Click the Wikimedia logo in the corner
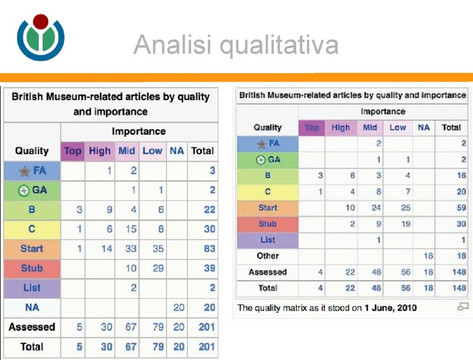tap(40, 37)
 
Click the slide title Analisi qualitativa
tap(236, 44)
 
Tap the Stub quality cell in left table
tap(32, 268)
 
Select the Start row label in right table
tap(268, 208)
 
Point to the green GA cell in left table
tap(32, 190)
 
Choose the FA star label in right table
tap(268, 143)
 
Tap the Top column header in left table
tap(73, 151)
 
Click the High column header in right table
tap(340, 127)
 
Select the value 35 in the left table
tap(158, 248)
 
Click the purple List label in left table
tap(32, 288)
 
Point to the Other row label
tap(268, 256)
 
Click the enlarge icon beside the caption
tap(462, 307)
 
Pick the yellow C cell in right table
tap(268, 192)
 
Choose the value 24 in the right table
tap(376, 208)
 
